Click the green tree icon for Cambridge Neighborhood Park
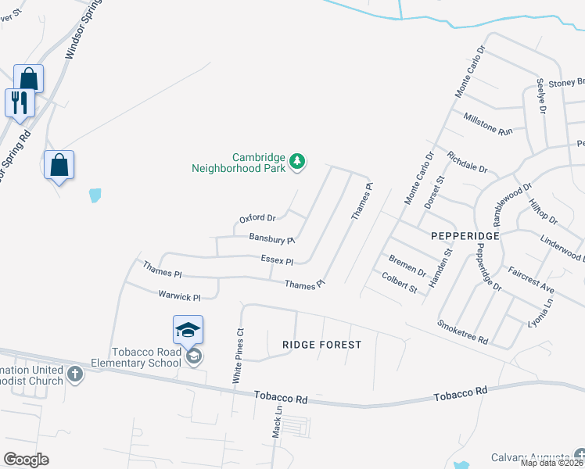pyautogui.click(x=296, y=162)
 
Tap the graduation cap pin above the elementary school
pyautogui.click(x=188, y=329)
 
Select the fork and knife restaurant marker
pyautogui.click(x=20, y=102)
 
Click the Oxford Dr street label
pyautogui.click(x=257, y=218)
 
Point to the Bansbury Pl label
pyautogui.click(x=271, y=238)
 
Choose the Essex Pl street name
pyautogui.click(x=278, y=261)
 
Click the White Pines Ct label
pyautogui.click(x=238, y=355)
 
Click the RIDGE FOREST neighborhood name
pyautogui.click(x=323, y=345)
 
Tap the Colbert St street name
pyautogui.click(x=399, y=282)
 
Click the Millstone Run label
pyautogui.click(x=488, y=125)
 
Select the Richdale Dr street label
pyautogui.click(x=467, y=163)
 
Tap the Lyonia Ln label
pyautogui.click(x=539, y=312)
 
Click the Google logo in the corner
pyautogui.click(x=26, y=460)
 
